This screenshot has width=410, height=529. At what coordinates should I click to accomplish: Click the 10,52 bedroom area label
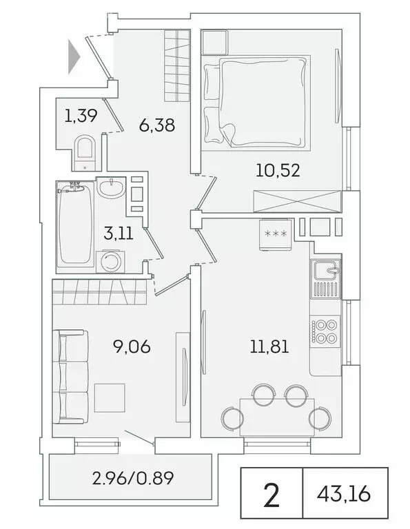(277, 170)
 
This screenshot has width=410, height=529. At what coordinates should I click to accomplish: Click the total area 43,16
(345, 493)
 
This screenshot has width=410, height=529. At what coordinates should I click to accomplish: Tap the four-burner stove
(325, 331)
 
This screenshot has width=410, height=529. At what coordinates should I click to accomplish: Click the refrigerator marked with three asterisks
(276, 234)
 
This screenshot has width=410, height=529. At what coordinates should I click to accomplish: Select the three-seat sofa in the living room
(71, 375)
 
